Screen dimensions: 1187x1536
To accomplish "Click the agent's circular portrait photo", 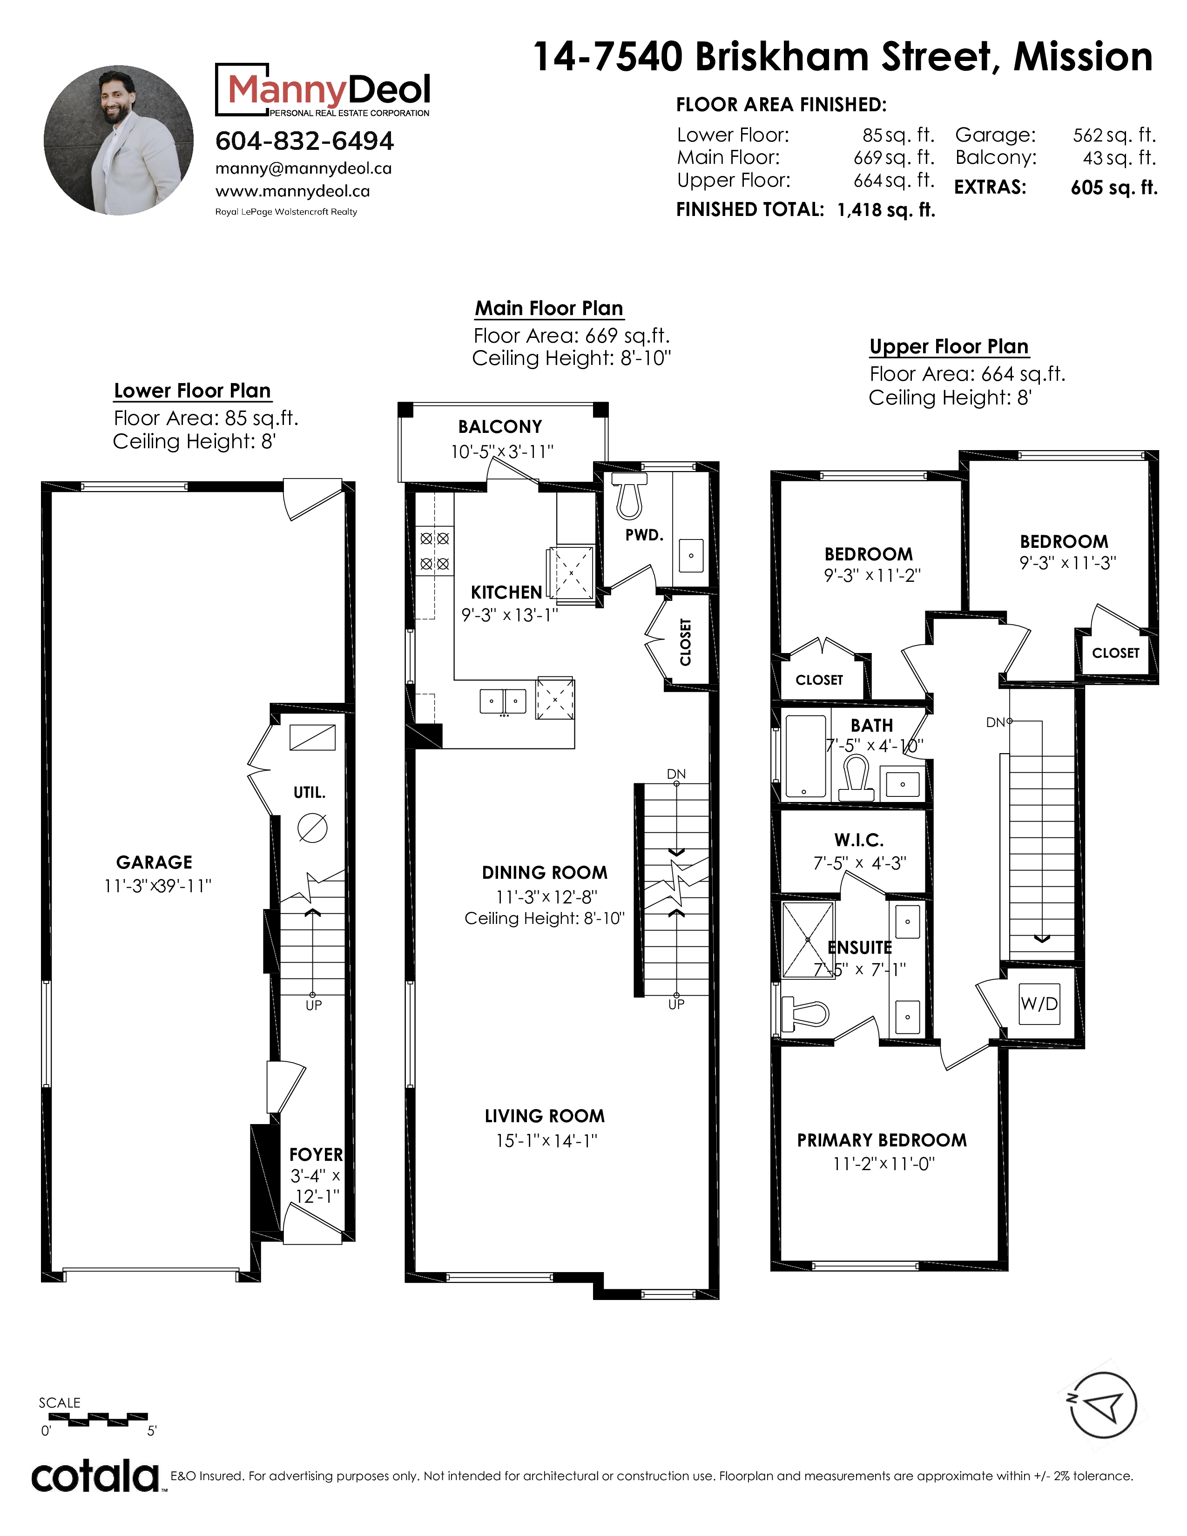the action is [119, 140].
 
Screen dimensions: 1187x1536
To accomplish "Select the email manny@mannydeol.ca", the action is [303, 169].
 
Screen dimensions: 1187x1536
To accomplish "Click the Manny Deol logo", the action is [323, 90].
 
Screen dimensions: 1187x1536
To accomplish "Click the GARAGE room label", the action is [154, 862].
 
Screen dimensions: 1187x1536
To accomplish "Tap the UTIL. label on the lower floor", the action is [310, 793].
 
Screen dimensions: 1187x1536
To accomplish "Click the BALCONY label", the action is [500, 427].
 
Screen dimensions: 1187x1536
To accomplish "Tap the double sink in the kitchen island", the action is [503, 701].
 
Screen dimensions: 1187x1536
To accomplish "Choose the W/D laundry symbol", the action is [1039, 1004].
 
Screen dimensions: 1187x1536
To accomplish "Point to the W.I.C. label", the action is [859, 840].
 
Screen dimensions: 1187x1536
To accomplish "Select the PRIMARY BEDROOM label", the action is [882, 1140].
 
